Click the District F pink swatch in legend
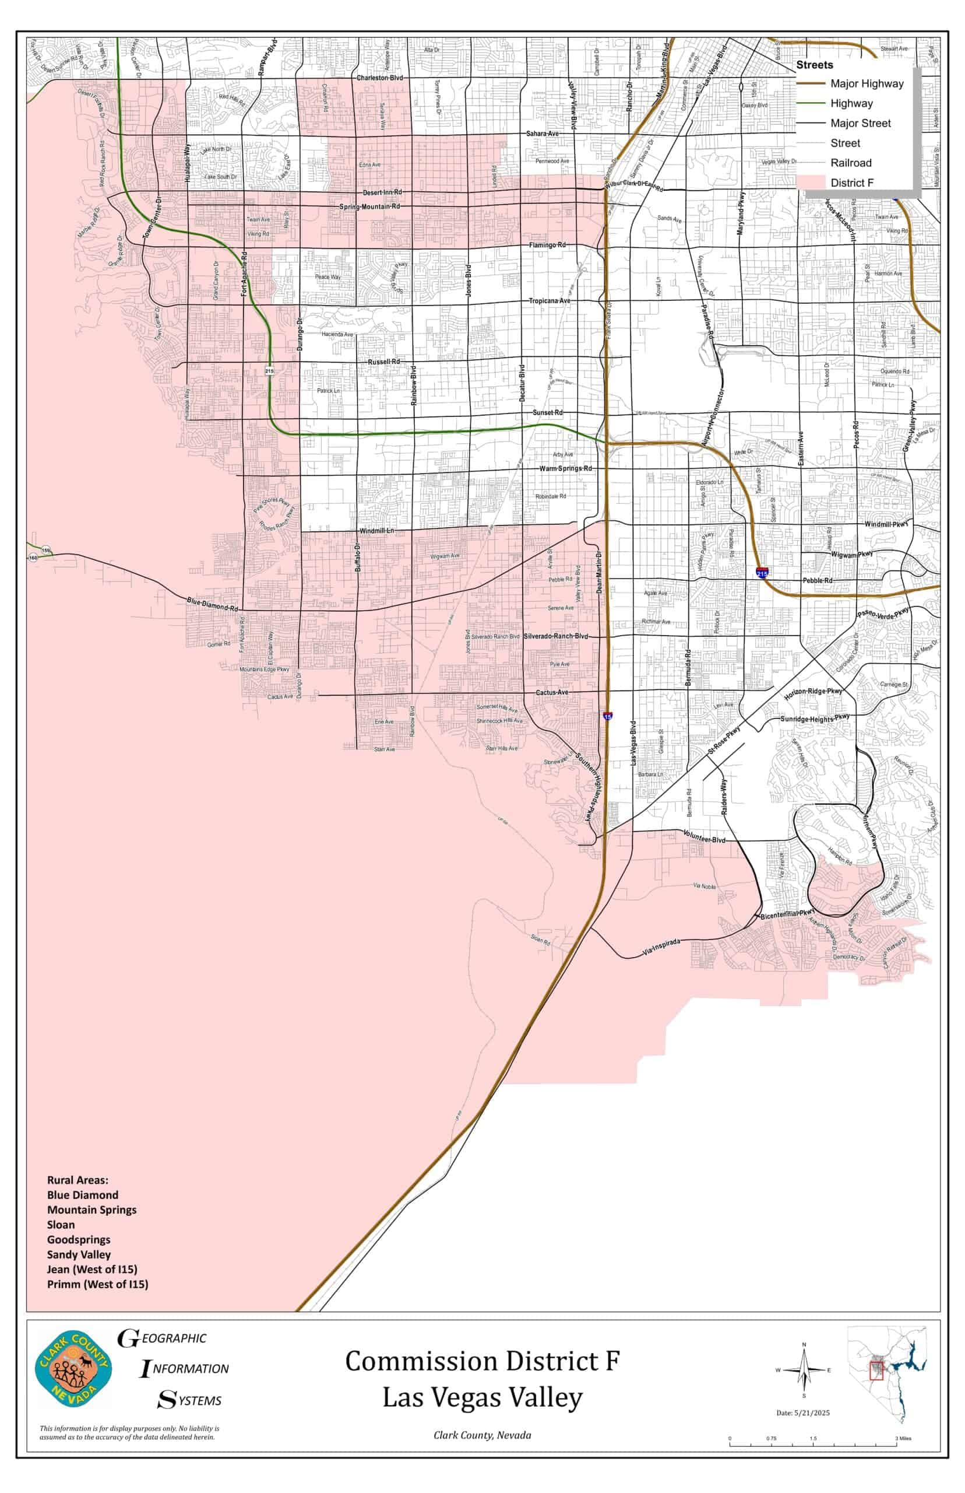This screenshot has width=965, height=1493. (x=810, y=183)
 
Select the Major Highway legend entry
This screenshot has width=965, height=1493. (x=867, y=83)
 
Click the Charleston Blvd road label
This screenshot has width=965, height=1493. (x=380, y=78)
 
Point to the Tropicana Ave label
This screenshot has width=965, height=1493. (x=550, y=301)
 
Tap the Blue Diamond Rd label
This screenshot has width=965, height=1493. (x=213, y=604)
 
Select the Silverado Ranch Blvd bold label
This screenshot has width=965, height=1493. (x=556, y=636)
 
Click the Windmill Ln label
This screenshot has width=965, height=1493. (x=376, y=531)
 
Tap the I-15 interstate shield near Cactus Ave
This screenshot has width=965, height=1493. (x=608, y=716)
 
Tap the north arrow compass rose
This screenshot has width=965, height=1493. (x=804, y=1371)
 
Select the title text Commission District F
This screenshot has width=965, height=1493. (x=482, y=1361)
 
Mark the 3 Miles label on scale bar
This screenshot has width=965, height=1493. (x=903, y=1438)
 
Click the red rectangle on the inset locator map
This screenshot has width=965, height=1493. (x=876, y=1371)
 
